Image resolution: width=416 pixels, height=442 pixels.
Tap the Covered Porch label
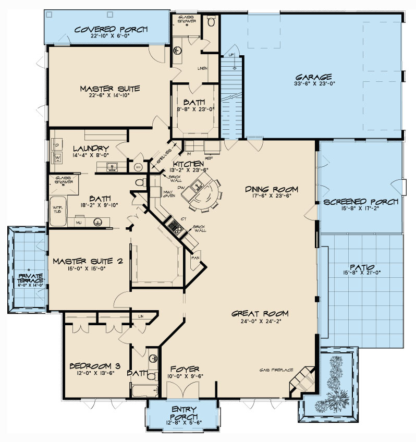click(112, 29)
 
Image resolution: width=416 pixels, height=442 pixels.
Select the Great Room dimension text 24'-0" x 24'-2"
click(260, 321)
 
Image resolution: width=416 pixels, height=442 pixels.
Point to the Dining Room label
click(271, 189)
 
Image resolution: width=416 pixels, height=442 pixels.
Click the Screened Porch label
click(361, 202)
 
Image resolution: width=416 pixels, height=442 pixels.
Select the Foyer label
click(180, 369)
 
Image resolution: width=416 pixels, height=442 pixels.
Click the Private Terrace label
click(29, 278)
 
